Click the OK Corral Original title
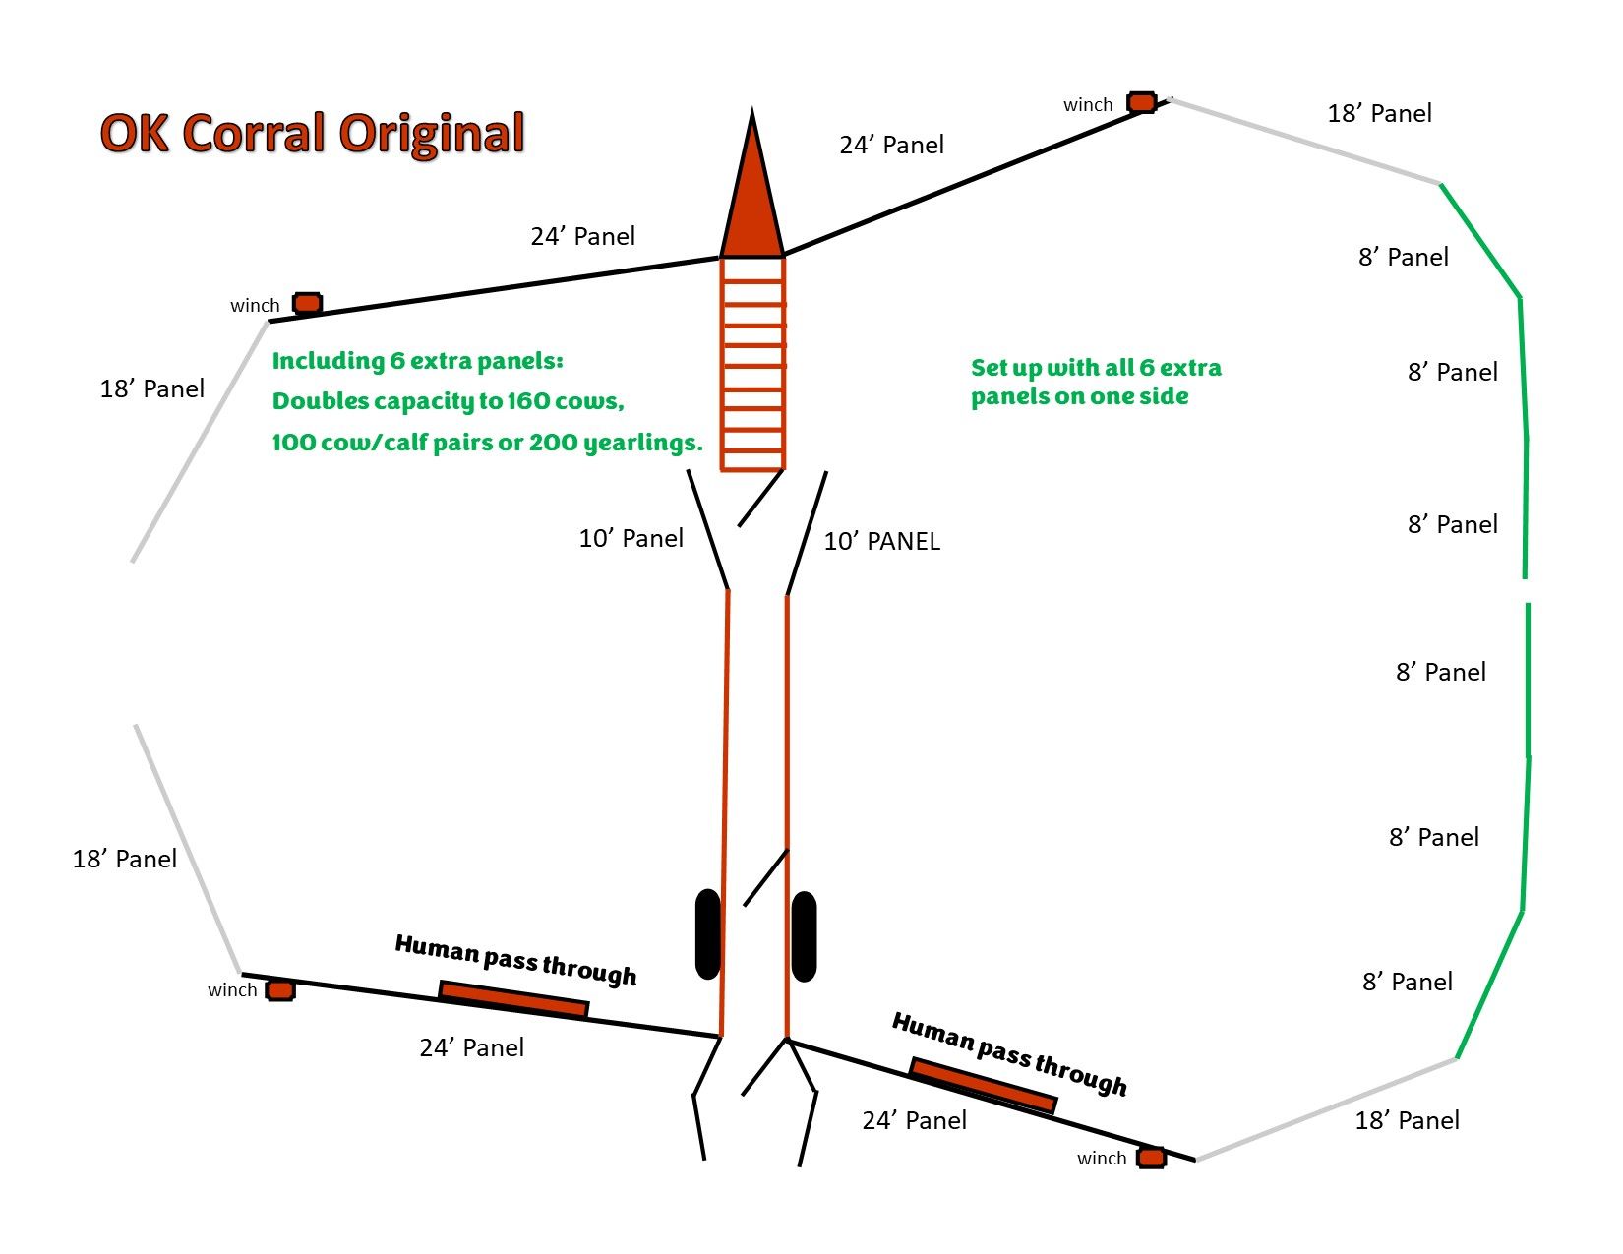coord(312,133)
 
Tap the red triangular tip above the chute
coord(752,197)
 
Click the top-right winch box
coord(1141,102)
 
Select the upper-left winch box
coord(308,303)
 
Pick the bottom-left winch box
coord(280,989)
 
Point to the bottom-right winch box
coord(1151,1158)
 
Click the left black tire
coord(707,934)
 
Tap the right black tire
coord(805,936)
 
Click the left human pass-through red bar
coord(513,999)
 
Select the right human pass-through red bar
coord(983,1086)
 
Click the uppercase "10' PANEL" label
coord(881,541)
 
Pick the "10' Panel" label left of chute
coord(631,538)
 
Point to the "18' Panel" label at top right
coord(1379,113)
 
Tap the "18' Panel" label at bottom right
coord(1407,1120)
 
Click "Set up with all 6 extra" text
coord(1096,368)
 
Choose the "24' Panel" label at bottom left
coord(471,1047)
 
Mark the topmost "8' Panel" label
coord(1403,257)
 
